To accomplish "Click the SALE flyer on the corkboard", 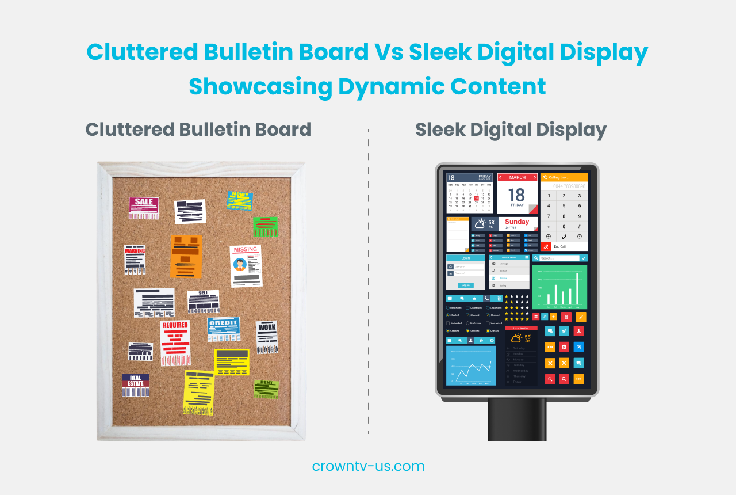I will tap(143, 208).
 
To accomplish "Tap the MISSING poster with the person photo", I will tap(246, 265).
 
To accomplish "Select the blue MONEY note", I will tap(240, 200).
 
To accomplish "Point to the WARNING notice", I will tap(135, 260).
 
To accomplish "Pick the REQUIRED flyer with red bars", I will tap(175, 343).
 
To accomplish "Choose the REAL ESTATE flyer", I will tap(136, 385).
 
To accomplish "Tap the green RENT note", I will tap(266, 389).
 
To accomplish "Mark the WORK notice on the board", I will tap(267, 337).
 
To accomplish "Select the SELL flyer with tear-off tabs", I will tap(203, 302).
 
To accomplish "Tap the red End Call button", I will tap(546, 246).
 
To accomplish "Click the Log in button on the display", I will tap(465, 285).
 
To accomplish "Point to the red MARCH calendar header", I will tap(517, 177).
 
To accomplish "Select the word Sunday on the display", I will tap(517, 222).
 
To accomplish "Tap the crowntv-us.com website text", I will tap(368, 466).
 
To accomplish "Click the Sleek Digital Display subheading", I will tap(511, 130).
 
